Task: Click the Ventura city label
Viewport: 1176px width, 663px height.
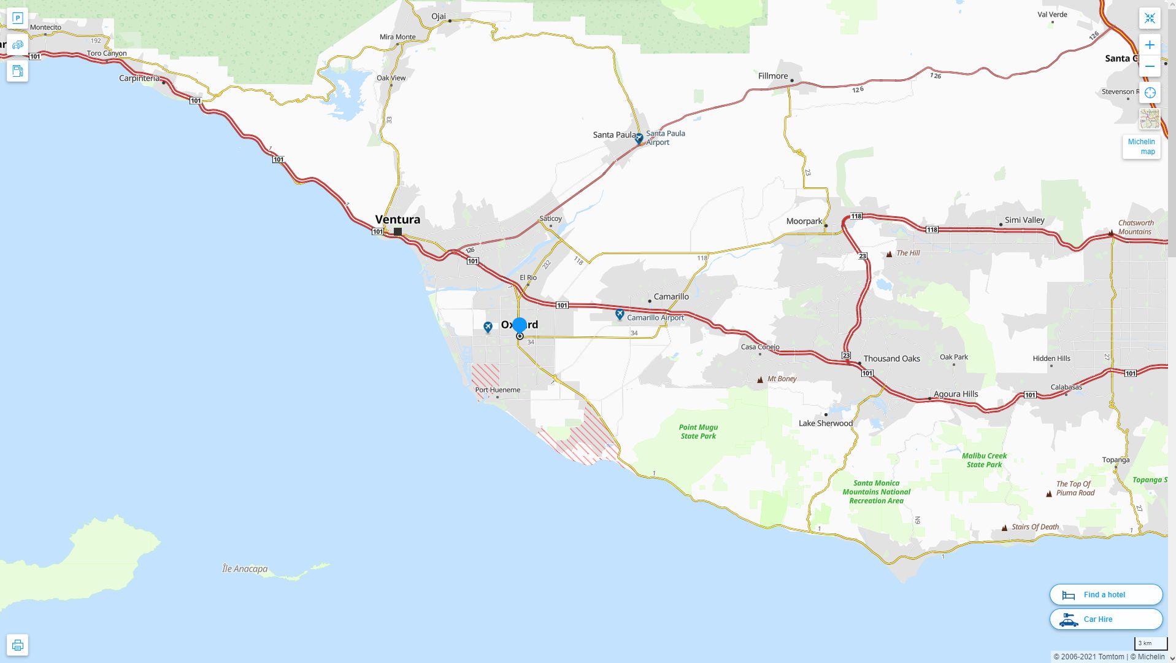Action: pyautogui.click(x=398, y=219)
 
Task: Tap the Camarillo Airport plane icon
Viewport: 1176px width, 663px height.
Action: pyautogui.click(x=620, y=315)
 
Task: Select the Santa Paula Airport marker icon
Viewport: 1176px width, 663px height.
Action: pyautogui.click(x=639, y=138)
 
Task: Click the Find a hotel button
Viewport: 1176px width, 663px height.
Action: pyautogui.click(x=1105, y=594)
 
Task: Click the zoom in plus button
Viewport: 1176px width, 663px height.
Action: pyautogui.click(x=1150, y=45)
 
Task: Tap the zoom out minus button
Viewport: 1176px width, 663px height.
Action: pyautogui.click(x=1150, y=66)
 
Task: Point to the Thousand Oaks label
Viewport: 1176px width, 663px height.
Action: pyautogui.click(x=891, y=359)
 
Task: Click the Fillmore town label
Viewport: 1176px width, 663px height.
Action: pyautogui.click(x=772, y=76)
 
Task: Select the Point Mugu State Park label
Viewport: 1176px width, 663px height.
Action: pyautogui.click(x=698, y=432)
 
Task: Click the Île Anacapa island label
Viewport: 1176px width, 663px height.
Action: pyautogui.click(x=245, y=569)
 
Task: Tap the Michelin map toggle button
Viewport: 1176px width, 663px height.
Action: pyautogui.click(x=1141, y=147)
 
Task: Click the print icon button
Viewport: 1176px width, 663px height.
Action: pyautogui.click(x=17, y=645)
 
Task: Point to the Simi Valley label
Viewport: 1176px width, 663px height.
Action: pyautogui.click(x=1024, y=220)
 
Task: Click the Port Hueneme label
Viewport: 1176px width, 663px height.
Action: pyautogui.click(x=497, y=390)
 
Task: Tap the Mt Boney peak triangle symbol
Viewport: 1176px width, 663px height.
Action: pyautogui.click(x=760, y=379)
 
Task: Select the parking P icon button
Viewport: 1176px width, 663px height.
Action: pyautogui.click(x=17, y=18)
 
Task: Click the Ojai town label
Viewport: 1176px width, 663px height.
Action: pyautogui.click(x=438, y=16)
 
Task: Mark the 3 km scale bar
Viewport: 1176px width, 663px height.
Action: pyautogui.click(x=1150, y=643)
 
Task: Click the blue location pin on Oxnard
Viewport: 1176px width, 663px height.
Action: pyautogui.click(x=520, y=325)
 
